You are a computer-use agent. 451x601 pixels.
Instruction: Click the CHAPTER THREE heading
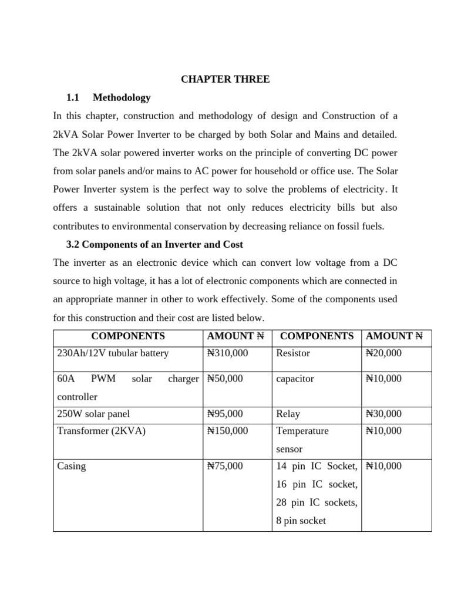[x=225, y=79]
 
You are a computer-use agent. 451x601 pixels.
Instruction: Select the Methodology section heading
[x=122, y=97]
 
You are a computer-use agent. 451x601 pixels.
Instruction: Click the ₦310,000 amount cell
[x=228, y=353]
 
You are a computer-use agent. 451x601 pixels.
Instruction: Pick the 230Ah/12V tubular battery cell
[x=113, y=353]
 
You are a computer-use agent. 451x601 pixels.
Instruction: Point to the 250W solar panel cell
[x=93, y=414]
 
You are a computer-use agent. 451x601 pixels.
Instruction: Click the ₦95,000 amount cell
[x=225, y=414]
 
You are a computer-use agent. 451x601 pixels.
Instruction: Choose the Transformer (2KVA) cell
[x=101, y=431]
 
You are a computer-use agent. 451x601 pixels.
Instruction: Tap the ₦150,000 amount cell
[x=228, y=431]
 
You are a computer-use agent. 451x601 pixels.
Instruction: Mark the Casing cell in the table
[x=72, y=466]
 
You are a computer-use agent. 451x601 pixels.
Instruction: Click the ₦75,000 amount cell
[x=225, y=466]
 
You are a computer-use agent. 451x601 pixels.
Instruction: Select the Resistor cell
[x=293, y=353]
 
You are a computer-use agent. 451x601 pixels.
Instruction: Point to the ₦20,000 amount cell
[x=383, y=353]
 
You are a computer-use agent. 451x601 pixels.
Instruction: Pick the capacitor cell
[x=295, y=379]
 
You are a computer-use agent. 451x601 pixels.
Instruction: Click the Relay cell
[x=288, y=414]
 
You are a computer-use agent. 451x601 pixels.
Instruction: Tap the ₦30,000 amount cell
[x=383, y=414]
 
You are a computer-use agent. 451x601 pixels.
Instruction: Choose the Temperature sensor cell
[x=302, y=440]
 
